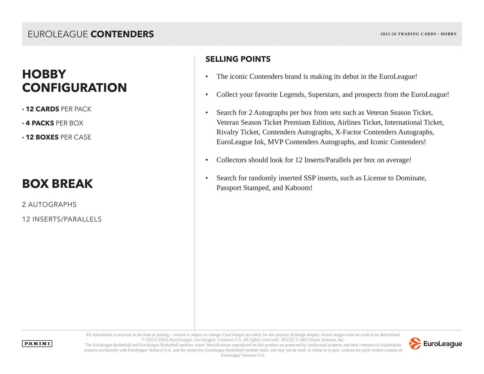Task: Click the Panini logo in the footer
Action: pyautogui.click(x=37, y=344)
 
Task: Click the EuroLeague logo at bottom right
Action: pyautogui.click(x=435, y=344)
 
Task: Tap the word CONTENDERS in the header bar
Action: pyautogui.click(x=122, y=34)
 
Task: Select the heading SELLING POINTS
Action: pyautogui.click(x=238, y=59)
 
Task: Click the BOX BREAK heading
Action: pyautogui.click(x=58, y=184)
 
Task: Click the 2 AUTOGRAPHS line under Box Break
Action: pyautogui.click(x=49, y=205)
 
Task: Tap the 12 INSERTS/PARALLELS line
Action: pyautogui.click(x=62, y=219)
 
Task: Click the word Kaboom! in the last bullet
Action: pyautogui.click(x=298, y=188)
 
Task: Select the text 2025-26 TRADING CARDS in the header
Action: pyautogui.click(x=408, y=34)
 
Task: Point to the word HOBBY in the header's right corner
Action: pyautogui.click(x=448, y=34)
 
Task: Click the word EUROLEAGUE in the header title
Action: pyautogui.click(x=58, y=34)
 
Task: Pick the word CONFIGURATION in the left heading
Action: pyautogui.click(x=74, y=88)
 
